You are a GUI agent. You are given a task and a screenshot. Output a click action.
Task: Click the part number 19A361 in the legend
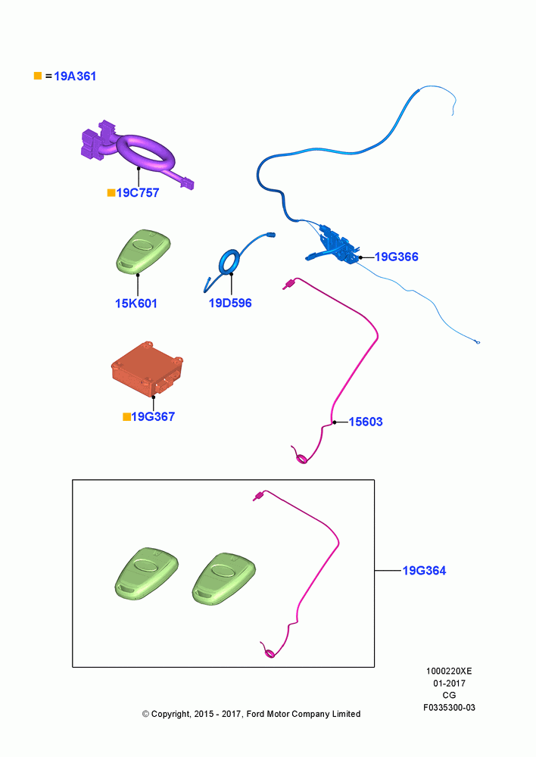coord(75,76)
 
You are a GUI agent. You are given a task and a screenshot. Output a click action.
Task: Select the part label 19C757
coord(138,192)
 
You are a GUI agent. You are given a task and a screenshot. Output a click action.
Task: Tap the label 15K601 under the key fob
coord(136,304)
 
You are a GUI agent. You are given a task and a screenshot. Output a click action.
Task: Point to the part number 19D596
coord(230,303)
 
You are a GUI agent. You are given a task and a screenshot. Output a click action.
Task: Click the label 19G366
coord(397,257)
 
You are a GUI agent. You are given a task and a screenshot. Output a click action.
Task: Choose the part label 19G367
coord(153,416)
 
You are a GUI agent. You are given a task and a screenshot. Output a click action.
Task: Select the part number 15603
coord(366,422)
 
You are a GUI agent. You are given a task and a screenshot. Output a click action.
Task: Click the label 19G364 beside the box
coord(425,571)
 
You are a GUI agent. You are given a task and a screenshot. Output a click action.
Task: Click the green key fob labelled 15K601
coord(143,252)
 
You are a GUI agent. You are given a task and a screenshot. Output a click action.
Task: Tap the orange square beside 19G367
coord(126,416)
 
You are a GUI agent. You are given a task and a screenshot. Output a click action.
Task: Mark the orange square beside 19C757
coord(111,192)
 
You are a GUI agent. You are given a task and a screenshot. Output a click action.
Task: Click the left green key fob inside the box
coord(146,574)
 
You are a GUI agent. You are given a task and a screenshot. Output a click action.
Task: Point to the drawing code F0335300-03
coord(449,708)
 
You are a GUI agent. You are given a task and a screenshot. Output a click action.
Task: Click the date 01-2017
coord(449,684)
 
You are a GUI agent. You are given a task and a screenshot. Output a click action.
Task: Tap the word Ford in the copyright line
coord(257,714)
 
